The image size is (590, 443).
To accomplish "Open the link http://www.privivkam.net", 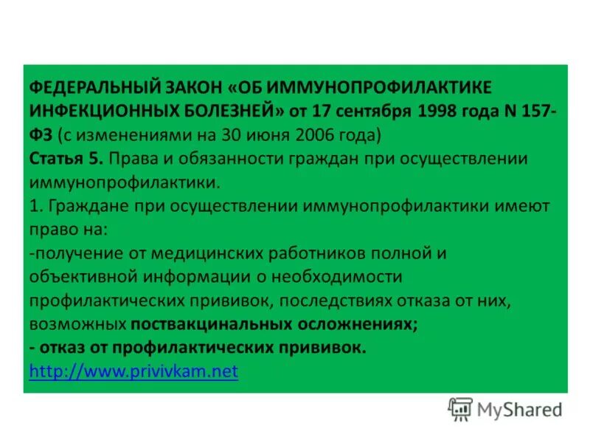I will (133, 371).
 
